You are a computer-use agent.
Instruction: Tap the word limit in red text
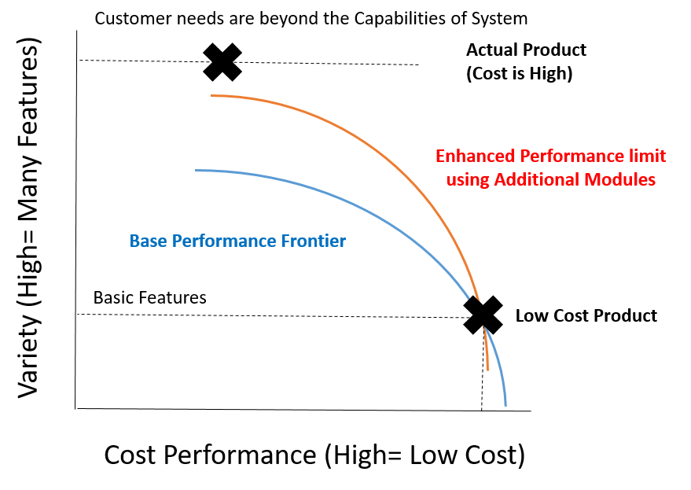pos(646,155)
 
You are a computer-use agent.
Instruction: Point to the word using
pos(468,179)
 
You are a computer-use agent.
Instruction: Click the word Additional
pos(535,179)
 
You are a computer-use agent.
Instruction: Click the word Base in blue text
pos(147,241)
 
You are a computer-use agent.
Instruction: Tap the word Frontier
pos(314,241)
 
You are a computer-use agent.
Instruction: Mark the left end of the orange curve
pos(212,96)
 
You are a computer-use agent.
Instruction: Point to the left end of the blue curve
pos(197,170)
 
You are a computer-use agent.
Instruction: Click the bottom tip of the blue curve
pos(505,405)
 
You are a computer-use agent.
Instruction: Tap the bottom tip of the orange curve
pos(488,369)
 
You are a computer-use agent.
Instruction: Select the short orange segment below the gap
pos(487,350)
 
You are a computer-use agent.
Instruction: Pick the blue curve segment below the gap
pos(498,366)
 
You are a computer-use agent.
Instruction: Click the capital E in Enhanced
pos(440,155)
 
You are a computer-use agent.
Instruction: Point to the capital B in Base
pos(134,241)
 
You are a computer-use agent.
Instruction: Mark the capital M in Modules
pos(590,179)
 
